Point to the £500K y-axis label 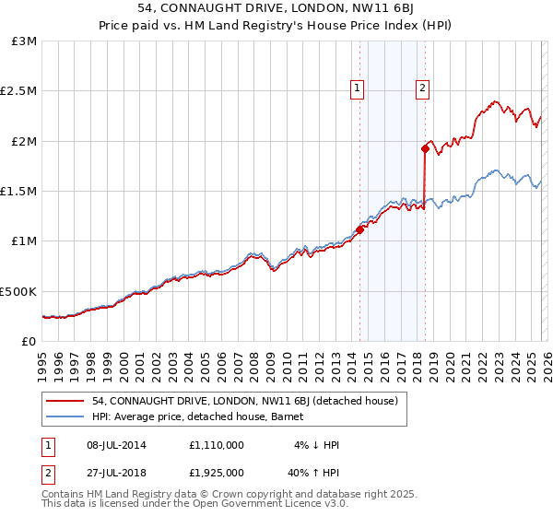(x=18, y=291)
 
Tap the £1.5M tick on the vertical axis (x=18, y=191)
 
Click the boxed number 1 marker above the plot (x=357, y=88)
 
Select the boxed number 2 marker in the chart (x=422, y=88)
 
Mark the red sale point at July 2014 (x=359, y=230)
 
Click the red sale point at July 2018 (x=425, y=148)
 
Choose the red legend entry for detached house (x=244, y=401)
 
